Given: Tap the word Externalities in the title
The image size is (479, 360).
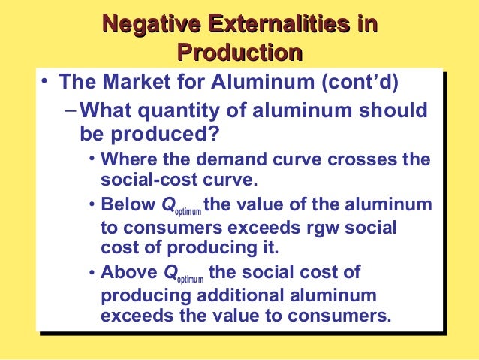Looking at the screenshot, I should point(277,25).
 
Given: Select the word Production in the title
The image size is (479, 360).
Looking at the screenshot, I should point(239,53).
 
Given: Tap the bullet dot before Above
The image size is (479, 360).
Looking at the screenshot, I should point(92,271).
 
